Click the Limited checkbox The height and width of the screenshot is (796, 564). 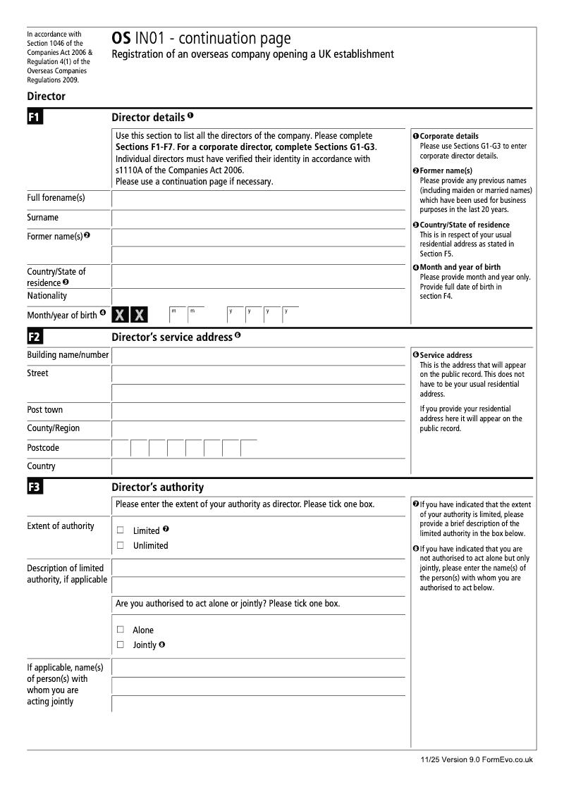[x=120, y=530]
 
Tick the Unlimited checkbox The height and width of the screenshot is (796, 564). [x=120, y=545]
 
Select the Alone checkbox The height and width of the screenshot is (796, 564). [x=120, y=630]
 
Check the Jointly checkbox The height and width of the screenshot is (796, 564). [x=120, y=645]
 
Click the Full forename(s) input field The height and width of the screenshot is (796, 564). [x=259, y=199]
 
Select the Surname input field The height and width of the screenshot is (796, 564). [x=259, y=218]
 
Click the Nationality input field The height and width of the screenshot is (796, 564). [x=259, y=297]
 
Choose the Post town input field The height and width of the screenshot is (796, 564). [x=259, y=411]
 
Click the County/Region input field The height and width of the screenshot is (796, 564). [x=259, y=429]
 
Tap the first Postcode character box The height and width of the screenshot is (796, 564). [x=121, y=448]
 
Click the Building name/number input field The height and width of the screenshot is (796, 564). [x=259, y=356]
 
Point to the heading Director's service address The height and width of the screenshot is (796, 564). [x=172, y=337]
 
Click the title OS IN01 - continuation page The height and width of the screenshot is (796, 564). [x=201, y=39]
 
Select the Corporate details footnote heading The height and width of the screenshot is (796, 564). [x=448, y=136]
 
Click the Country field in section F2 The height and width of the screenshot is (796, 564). [x=259, y=466]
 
